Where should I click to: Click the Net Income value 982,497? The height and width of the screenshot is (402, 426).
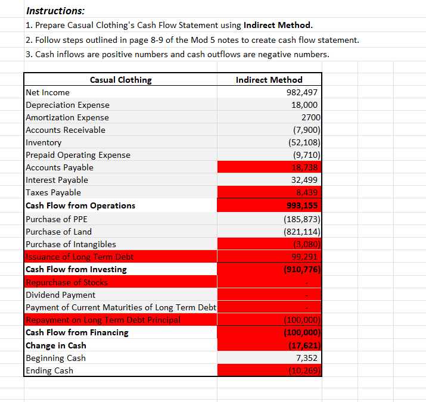tap(302, 92)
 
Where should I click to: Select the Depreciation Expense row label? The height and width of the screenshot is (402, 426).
tap(67, 105)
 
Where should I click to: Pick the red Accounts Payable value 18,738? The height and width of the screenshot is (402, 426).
tap(305, 167)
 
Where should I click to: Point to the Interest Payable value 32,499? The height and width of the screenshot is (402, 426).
tap(305, 180)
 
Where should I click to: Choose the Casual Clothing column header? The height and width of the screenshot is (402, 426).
tap(120, 80)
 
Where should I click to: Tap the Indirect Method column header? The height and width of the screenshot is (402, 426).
tap(269, 80)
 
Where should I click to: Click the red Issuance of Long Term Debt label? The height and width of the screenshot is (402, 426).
tap(79, 257)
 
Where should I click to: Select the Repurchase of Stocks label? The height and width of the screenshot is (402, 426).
tap(66, 282)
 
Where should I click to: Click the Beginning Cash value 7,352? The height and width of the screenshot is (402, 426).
tap(307, 358)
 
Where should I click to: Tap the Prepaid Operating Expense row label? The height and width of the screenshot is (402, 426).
tap(77, 155)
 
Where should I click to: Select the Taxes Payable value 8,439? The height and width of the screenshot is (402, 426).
tap(307, 192)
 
